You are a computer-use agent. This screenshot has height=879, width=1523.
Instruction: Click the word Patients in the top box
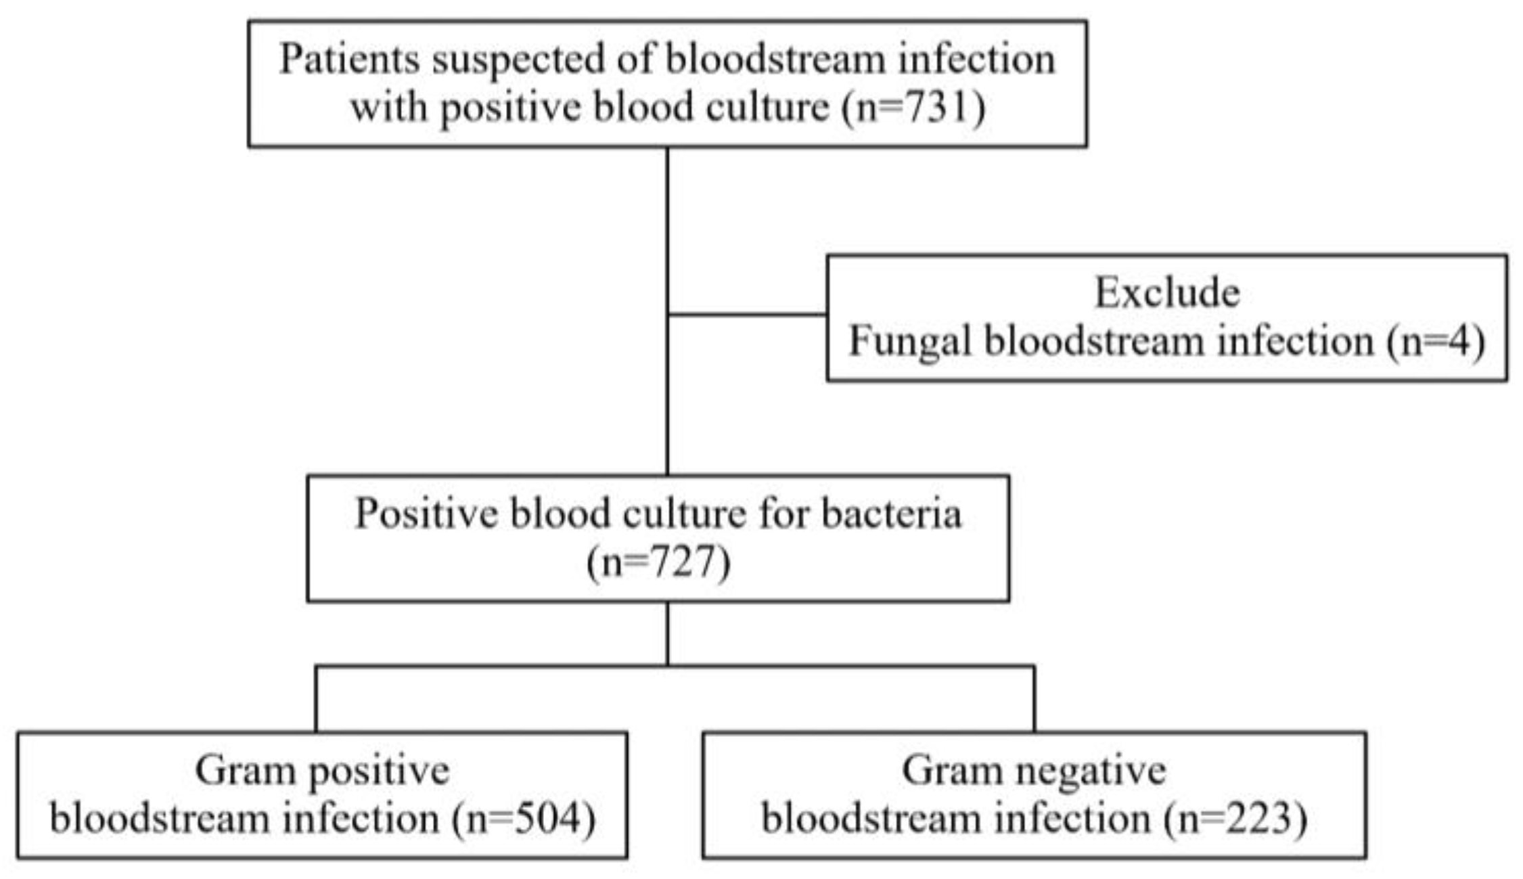(x=350, y=60)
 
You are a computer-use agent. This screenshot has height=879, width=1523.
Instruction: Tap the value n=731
(x=914, y=108)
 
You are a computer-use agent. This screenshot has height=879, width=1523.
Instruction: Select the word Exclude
(x=1167, y=293)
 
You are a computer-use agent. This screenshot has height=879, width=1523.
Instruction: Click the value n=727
(x=658, y=562)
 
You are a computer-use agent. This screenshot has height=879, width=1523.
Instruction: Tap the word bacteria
(x=891, y=514)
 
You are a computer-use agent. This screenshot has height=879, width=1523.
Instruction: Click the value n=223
(x=1235, y=819)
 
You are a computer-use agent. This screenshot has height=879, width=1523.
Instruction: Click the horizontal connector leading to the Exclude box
(x=747, y=315)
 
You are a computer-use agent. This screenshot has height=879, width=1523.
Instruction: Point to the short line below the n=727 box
(x=668, y=633)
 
